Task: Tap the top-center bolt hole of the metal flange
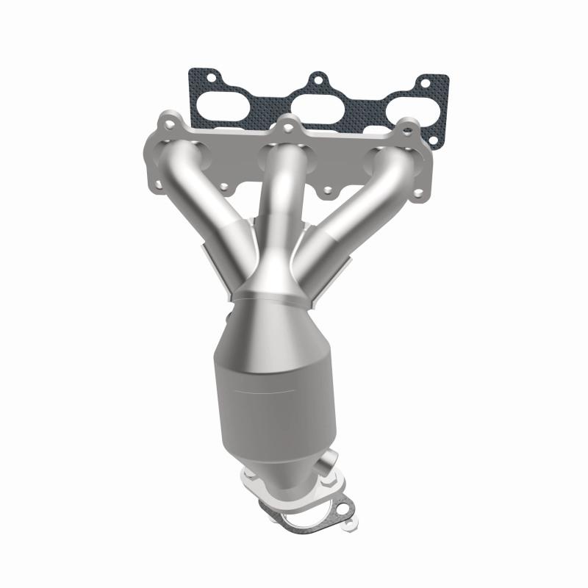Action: [x=289, y=126]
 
